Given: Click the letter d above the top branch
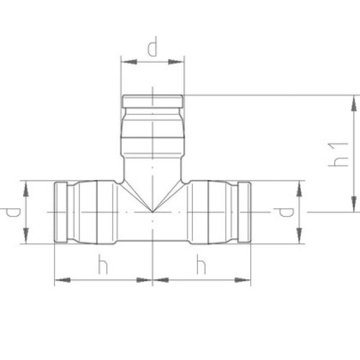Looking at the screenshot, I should [152, 48].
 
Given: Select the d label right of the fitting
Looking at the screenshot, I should [284, 212].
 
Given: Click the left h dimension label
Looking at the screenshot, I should [102, 264].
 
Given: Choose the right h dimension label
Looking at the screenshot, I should [201, 264].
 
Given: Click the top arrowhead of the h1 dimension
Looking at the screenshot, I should [354, 102].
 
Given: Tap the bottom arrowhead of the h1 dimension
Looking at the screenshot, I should [354, 206].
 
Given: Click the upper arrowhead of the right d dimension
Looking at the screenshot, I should [299, 187].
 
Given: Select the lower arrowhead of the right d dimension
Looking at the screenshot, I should [299, 237].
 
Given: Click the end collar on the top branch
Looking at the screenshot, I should [152, 101].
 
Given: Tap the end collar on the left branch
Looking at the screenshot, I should [61, 212].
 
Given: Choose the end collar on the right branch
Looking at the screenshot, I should [244, 212].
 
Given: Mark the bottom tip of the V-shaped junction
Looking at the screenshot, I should [152, 211].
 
